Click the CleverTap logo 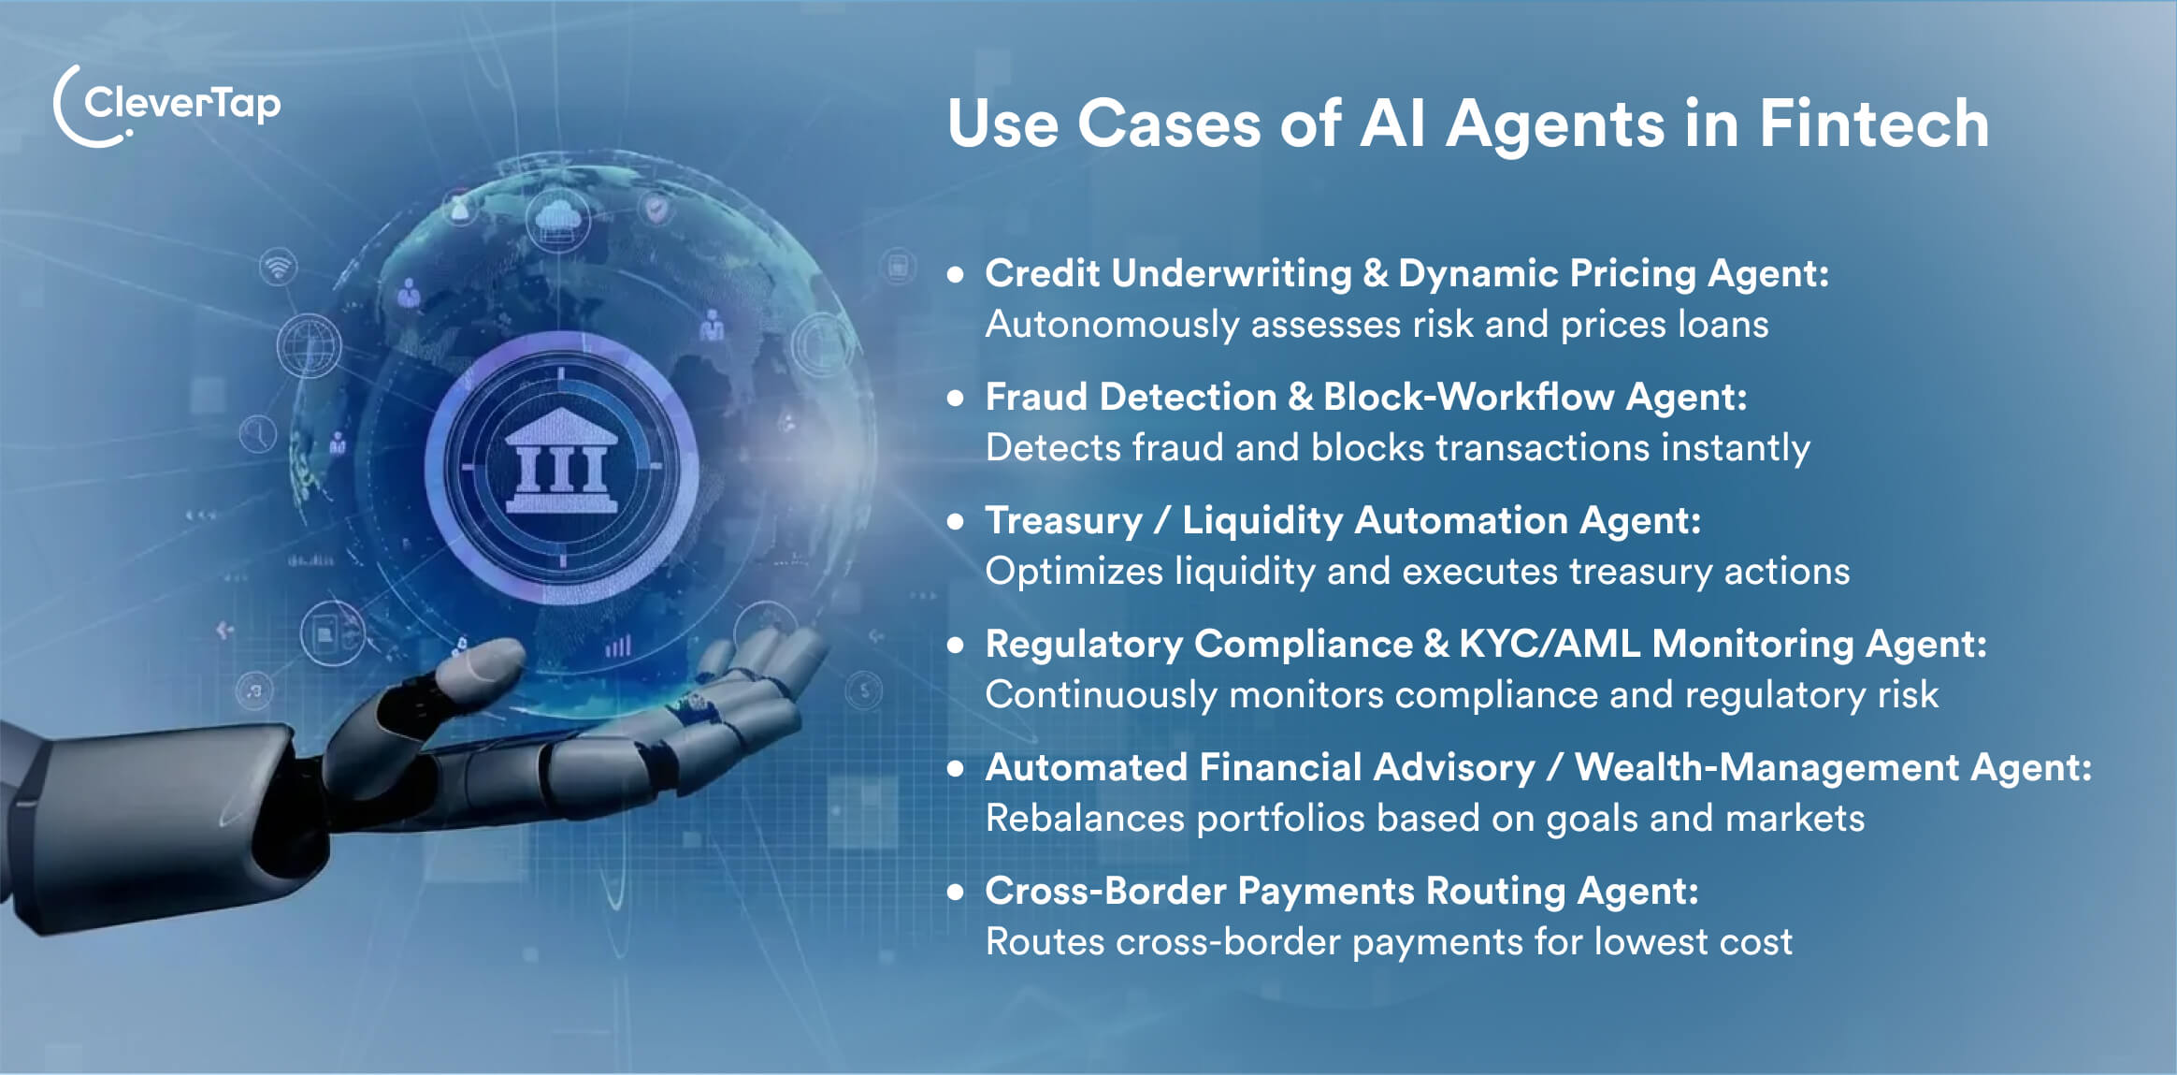pos(166,106)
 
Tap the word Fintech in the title pos(1874,123)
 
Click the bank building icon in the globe pos(561,462)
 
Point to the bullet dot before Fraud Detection pos(955,398)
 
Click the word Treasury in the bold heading pos(1064,520)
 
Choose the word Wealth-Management pos(1767,767)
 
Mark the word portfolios pos(1281,819)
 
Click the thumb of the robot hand pos(477,665)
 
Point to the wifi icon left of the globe pos(278,268)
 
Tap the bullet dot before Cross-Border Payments pos(955,892)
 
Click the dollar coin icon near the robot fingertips pos(863,691)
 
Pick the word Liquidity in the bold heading pos(1262,520)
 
